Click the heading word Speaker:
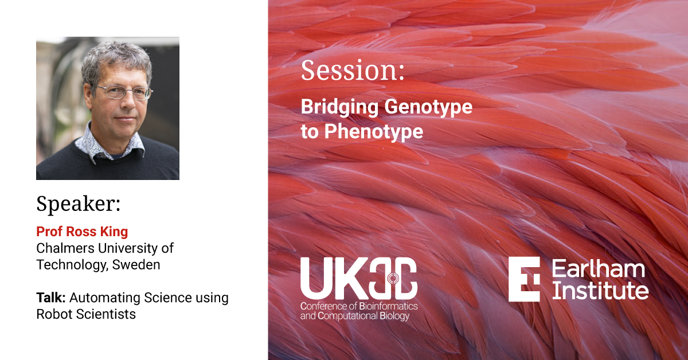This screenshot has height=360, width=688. [79, 204]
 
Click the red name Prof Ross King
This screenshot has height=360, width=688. [82, 232]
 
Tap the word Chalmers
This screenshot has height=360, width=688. [65, 248]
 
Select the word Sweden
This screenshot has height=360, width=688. [136, 265]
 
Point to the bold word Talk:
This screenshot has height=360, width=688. [51, 298]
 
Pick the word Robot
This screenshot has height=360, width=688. [54, 314]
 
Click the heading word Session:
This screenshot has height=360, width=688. [353, 71]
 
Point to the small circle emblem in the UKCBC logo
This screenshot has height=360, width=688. [393, 278]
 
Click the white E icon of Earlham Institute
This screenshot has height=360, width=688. [524, 279]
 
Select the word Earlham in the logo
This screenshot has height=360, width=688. [599, 269]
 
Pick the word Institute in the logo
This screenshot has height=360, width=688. [600, 290]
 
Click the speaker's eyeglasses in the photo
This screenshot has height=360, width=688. [123, 92]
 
